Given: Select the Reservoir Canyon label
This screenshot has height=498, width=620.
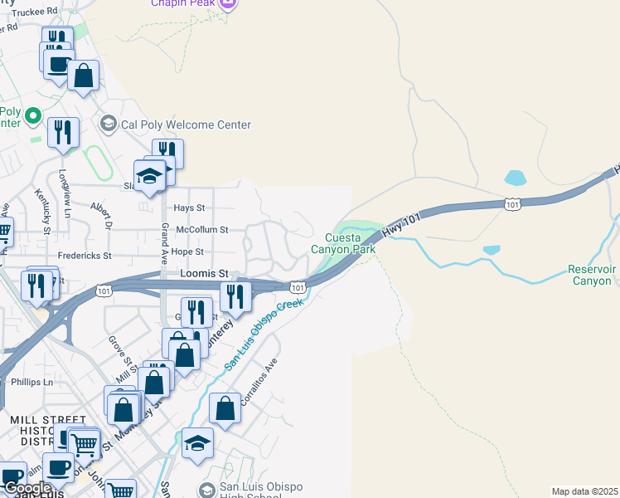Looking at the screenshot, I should [592, 275].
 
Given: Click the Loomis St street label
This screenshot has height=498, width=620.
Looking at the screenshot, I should [204, 273].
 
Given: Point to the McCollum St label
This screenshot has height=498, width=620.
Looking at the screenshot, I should [196, 230].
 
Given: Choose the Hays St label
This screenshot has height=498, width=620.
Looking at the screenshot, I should [189, 207].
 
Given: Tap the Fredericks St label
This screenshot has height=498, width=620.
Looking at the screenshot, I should [85, 256].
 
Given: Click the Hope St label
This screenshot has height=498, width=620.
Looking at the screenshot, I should [187, 251].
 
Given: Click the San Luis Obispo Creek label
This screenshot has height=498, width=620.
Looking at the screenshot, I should [264, 334].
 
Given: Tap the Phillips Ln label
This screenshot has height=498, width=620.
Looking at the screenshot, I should [32, 382].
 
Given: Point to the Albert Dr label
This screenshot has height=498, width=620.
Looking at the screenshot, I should [101, 212].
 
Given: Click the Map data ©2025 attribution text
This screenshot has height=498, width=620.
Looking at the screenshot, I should [584, 491].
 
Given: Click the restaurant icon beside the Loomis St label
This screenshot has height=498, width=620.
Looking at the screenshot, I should [235, 295].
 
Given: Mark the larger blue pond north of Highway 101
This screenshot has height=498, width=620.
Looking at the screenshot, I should [515, 177].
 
